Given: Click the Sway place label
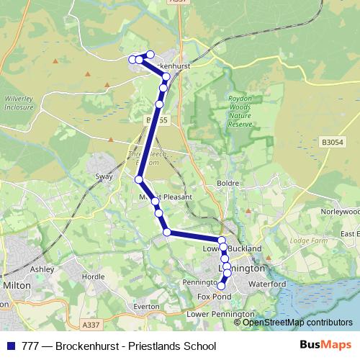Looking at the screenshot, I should coord(104,176).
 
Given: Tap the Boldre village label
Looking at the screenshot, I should coord(228,184).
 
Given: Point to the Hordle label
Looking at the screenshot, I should coord(94,276).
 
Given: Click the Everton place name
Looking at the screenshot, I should coord(146,306).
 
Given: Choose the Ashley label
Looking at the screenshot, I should coord(42,269).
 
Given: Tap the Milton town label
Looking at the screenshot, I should coord(17,285).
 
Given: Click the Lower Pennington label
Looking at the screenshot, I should coord(220,314).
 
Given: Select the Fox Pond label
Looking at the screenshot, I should coord(214,297).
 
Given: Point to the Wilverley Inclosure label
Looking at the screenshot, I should coord(19,103).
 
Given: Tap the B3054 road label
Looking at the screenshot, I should coord(333,143).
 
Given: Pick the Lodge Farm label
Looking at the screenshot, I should coord(307,240).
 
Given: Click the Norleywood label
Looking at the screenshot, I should coord(340,212).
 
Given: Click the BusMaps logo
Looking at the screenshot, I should coord(325,345).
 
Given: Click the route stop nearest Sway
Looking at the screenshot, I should coord(139,179).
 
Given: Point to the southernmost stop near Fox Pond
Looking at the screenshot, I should coord(221,287).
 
